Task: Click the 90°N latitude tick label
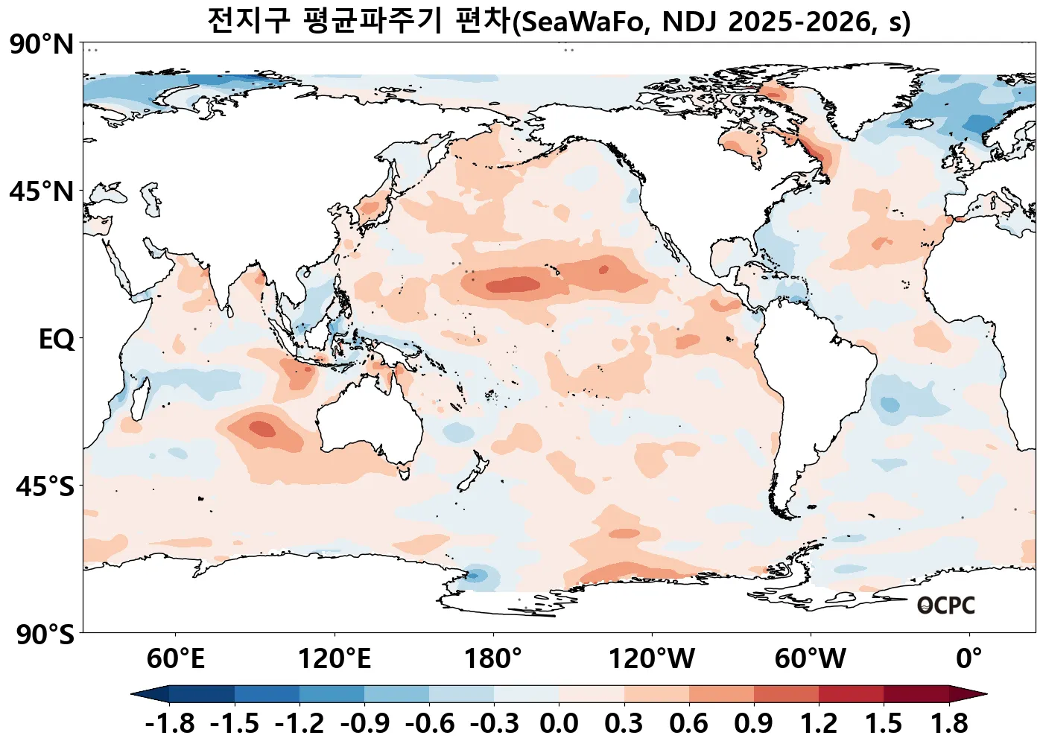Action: [42, 45]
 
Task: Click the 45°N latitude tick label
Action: [42, 192]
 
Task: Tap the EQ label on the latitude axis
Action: [57, 340]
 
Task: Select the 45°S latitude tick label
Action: [45, 487]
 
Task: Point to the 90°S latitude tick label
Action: [45, 635]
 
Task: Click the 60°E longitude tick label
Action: [175, 659]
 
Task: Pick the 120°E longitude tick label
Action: [335, 659]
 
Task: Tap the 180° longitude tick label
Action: [493, 659]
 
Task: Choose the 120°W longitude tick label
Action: [652, 659]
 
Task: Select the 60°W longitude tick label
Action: [811, 659]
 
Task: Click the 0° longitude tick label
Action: [969, 659]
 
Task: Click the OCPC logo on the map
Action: [945, 605]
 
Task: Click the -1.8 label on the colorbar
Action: [170, 723]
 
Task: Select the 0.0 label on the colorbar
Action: [559, 723]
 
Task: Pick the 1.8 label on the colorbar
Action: [949, 723]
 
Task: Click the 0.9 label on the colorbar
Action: [753, 723]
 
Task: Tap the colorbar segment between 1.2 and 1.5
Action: [851, 694]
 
